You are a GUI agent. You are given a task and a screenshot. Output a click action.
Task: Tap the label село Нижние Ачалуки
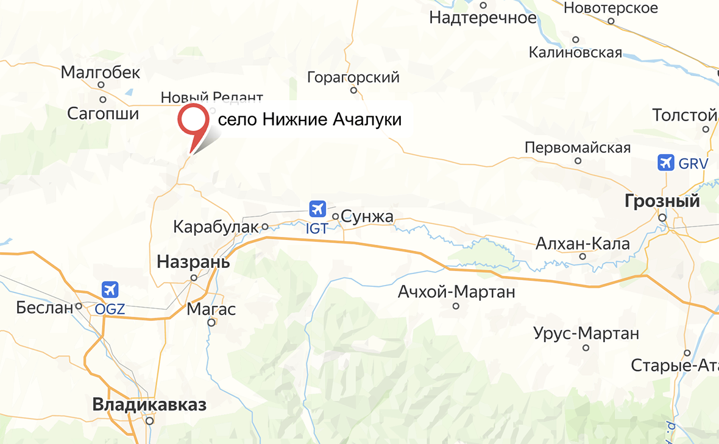click(310, 119)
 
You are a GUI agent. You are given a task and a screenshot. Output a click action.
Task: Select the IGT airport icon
click(317, 209)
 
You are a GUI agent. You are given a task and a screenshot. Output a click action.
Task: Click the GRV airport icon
click(666, 163)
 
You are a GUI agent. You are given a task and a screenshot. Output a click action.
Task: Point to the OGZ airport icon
click(110, 289)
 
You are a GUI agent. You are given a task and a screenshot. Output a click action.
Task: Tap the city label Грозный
click(662, 201)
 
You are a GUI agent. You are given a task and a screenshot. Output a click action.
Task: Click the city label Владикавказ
click(149, 404)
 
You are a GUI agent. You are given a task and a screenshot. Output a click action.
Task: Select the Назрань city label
click(193, 263)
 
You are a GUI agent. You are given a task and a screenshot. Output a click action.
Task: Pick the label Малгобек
click(101, 73)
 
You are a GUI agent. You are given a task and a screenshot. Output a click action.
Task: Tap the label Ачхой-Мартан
click(456, 292)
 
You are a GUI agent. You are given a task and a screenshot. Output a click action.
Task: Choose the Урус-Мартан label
click(586, 333)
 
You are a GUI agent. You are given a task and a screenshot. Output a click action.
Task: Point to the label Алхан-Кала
click(583, 244)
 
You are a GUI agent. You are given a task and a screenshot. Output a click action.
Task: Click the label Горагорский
click(353, 77)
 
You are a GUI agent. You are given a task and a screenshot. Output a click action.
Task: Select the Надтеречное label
click(483, 18)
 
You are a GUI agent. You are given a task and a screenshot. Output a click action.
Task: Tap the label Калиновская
click(575, 52)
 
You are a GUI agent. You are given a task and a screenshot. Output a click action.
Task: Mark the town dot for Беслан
click(79, 306)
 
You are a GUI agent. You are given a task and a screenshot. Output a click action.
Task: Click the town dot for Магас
click(211, 323)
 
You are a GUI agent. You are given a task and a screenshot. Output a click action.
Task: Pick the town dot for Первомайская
click(578, 161)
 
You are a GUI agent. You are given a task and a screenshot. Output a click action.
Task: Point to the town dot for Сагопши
click(103, 99)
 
